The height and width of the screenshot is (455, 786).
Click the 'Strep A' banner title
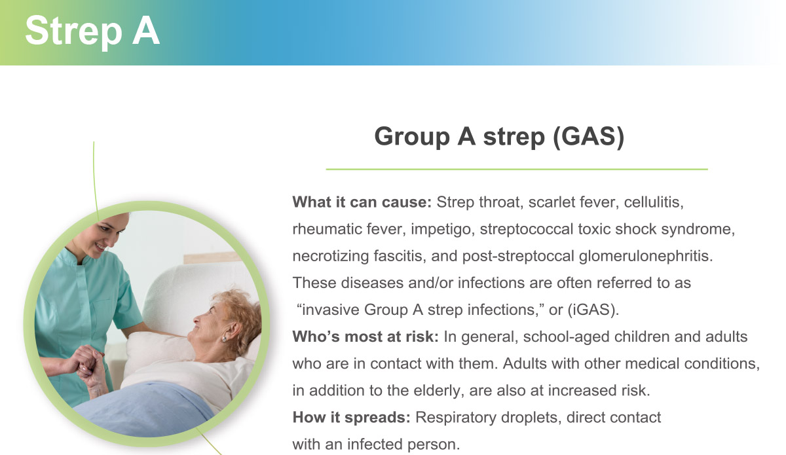coord(92,31)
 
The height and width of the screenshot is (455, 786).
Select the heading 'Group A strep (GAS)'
coord(499,136)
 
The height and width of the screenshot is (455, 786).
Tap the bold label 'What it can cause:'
coord(362,202)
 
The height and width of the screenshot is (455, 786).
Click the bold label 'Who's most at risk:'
coord(365,337)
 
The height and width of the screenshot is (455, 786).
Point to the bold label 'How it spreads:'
coord(351,418)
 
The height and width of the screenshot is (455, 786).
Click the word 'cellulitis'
coord(654,202)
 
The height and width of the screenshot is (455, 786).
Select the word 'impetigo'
coord(443,230)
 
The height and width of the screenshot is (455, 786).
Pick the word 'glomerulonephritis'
coord(646,257)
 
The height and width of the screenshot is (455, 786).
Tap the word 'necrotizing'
coord(330,257)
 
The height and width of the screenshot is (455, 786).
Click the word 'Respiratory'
coord(455,418)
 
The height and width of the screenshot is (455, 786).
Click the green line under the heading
coord(517,169)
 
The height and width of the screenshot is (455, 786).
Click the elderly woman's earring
coord(223,339)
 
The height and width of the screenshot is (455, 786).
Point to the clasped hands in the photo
coord(87,365)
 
